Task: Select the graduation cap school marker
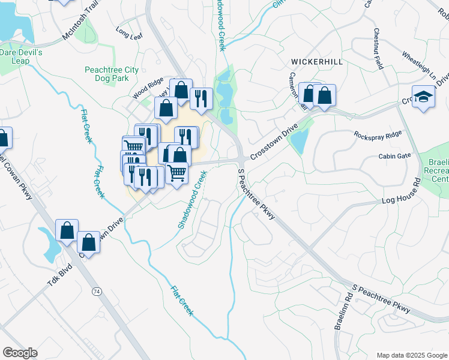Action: coord(423,98)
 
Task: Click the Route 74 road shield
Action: coord(96,291)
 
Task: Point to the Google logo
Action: coord(20,353)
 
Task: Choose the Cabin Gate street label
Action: coord(394,156)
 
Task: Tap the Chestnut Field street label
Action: coord(378,48)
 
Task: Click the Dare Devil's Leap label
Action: coord(22,56)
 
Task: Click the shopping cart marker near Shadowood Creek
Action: coord(176,173)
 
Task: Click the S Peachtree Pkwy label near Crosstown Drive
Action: coord(256,194)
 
